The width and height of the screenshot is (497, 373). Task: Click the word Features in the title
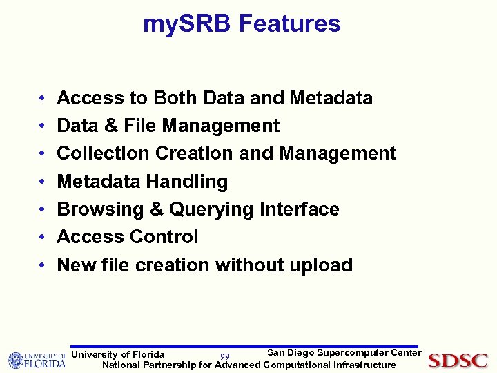289,24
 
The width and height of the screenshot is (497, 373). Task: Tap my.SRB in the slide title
187,25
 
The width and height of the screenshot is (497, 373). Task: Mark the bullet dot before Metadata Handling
43,182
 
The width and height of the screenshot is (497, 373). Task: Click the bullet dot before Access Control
43,238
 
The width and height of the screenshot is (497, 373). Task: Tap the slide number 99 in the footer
225,356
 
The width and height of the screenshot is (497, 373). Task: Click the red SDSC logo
458,361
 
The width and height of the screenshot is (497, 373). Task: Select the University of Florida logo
37,360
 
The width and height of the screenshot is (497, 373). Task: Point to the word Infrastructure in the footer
364,365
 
